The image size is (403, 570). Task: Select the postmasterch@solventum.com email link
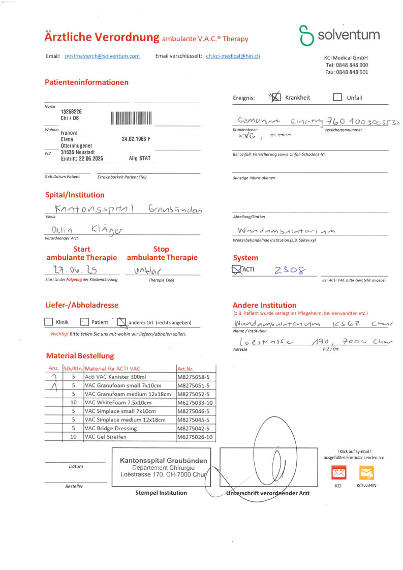coord(103,56)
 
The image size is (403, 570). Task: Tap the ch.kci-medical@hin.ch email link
coord(233,56)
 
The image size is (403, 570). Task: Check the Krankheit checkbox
coord(275,98)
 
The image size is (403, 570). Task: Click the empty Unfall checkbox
coord(337,98)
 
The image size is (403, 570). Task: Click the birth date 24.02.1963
coord(134,139)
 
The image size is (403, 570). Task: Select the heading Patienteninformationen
coord(86,82)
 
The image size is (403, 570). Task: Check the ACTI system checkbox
coord(237,269)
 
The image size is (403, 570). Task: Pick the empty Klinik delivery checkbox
coord(49,322)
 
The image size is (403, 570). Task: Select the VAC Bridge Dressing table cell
coord(129,428)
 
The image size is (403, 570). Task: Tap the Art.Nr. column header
coord(184,368)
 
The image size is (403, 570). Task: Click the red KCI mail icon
coord(338,474)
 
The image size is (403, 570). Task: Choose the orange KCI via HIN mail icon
coord(366,474)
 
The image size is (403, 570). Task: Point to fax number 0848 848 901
coord(347,72)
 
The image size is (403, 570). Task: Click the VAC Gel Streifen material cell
coord(129,437)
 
